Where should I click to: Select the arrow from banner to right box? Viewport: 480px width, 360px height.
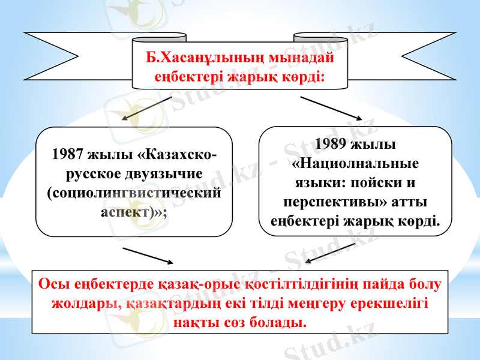331,108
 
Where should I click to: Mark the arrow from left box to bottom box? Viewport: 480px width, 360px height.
148,254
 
